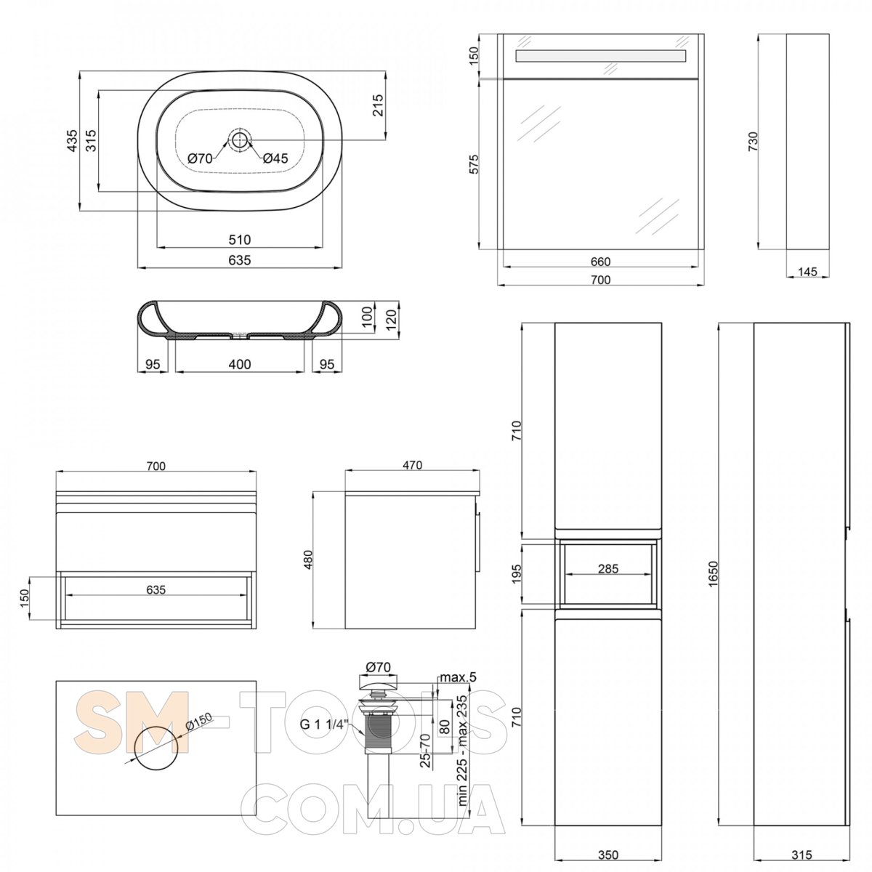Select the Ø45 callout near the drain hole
coord(275,158)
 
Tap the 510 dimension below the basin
coord(239,239)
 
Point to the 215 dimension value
coord(379,105)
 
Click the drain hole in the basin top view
coord(239,139)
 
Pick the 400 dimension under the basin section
coord(239,364)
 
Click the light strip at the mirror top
coord(600,56)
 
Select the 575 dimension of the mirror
coord(472,164)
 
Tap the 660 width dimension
coord(600,262)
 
